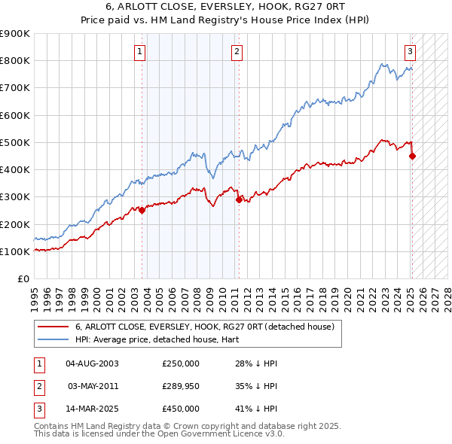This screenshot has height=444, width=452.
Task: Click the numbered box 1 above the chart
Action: pos(141,52)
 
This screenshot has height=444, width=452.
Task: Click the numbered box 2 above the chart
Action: pos(237,52)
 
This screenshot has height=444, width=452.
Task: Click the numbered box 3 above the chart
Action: pos(410,52)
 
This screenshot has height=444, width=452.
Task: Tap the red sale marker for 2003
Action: pos(142,211)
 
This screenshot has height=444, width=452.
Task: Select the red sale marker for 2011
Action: pos(239,199)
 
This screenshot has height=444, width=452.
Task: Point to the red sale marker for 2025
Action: pos(412,157)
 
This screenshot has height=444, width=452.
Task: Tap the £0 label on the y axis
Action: pos(22,278)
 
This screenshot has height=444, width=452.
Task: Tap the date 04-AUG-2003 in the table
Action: pos(93,363)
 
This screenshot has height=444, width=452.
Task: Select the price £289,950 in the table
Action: pos(181,386)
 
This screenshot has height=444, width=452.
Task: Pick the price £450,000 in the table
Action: pos(181,409)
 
